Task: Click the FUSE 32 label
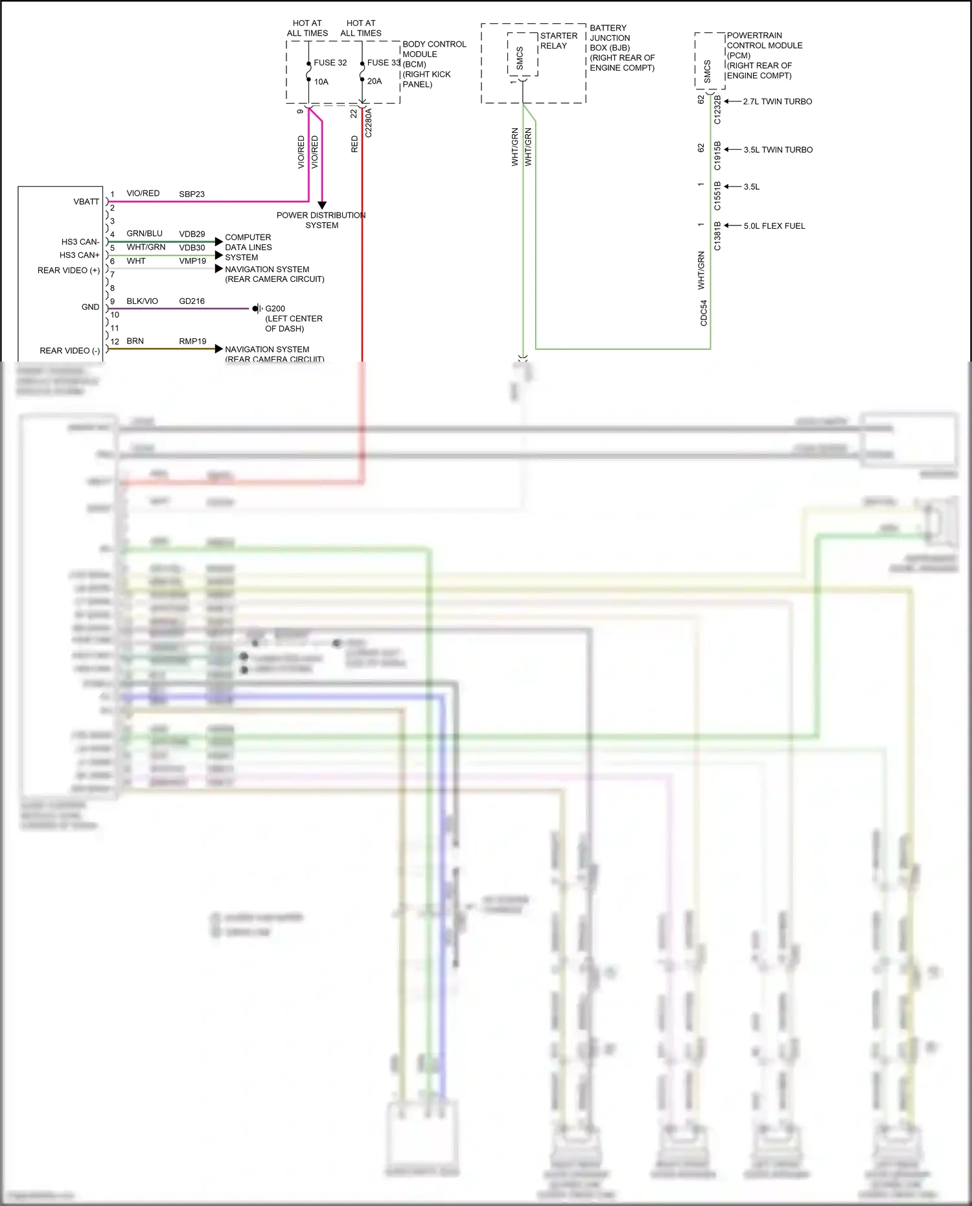[x=330, y=63]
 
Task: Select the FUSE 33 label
[x=384, y=63]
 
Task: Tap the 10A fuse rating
[x=321, y=82]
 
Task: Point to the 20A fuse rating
[x=375, y=81]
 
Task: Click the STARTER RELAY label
[x=559, y=41]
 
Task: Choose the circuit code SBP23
[x=192, y=194]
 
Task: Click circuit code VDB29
[x=192, y=234]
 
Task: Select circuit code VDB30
[x=192, y=248]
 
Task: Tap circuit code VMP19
[x=192, y=261]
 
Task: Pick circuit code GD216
[x=192, y=301]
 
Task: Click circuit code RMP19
[x=192, y=342]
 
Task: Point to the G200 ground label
[x=275, y=309]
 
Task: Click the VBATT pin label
[x=86, y=202]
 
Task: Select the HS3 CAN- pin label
[x=80, y=242]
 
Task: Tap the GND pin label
[x=91, y=307]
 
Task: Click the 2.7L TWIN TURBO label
[x=778, y=102]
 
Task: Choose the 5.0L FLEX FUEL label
[x=774, y=226]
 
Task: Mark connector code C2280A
[x=369, y=122]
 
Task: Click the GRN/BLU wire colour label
[x=145, y=233]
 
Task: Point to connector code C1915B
[x=717, y=156]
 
